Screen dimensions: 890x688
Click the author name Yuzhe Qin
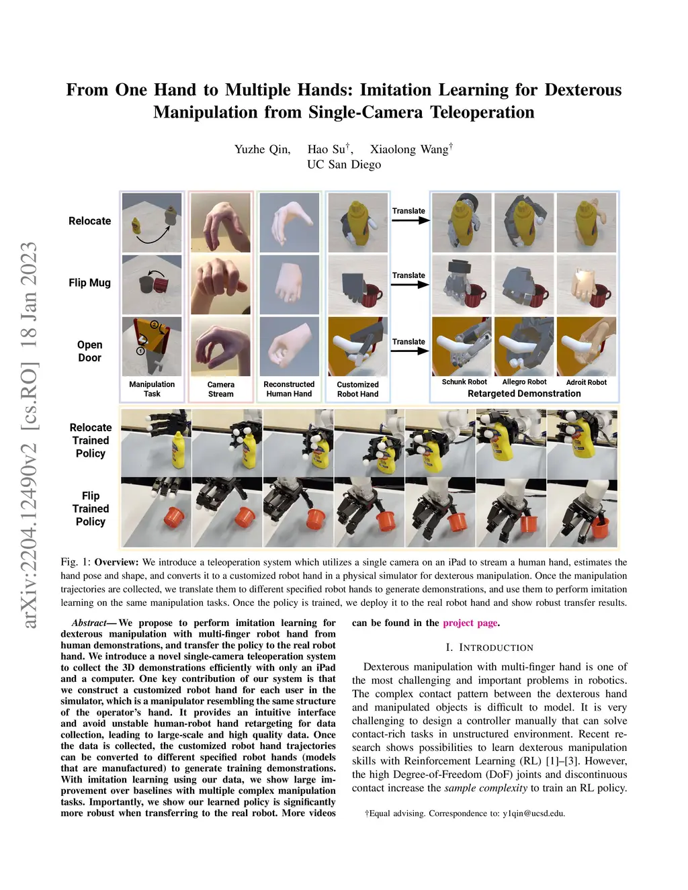tap(262, 149)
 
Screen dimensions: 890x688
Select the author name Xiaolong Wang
tap(409, 149)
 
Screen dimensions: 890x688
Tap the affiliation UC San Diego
tap(344, 165)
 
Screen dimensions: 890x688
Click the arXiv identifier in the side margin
tap(30, 435)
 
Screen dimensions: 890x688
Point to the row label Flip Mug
tap(89, 283)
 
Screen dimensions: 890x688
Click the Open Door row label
tap(89, 351)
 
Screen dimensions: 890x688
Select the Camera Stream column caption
tap(220, 390)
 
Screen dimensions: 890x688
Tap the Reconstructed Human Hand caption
tap(289, 389)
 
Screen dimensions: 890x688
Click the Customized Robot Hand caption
tap(357, 390)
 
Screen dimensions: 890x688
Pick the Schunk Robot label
tap(464, 382)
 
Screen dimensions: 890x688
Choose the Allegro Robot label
tap(524, 382)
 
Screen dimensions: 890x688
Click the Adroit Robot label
tap(586, 382)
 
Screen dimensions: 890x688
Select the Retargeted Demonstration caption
tap(524, 394)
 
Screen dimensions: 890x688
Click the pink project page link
tap(470, 623)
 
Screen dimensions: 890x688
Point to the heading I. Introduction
tap(489, 648)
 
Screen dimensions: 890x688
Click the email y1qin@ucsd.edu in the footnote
tap(533, 813)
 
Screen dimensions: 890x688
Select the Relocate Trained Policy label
tap(91, 441)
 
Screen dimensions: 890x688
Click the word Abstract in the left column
tap(89, 623)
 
